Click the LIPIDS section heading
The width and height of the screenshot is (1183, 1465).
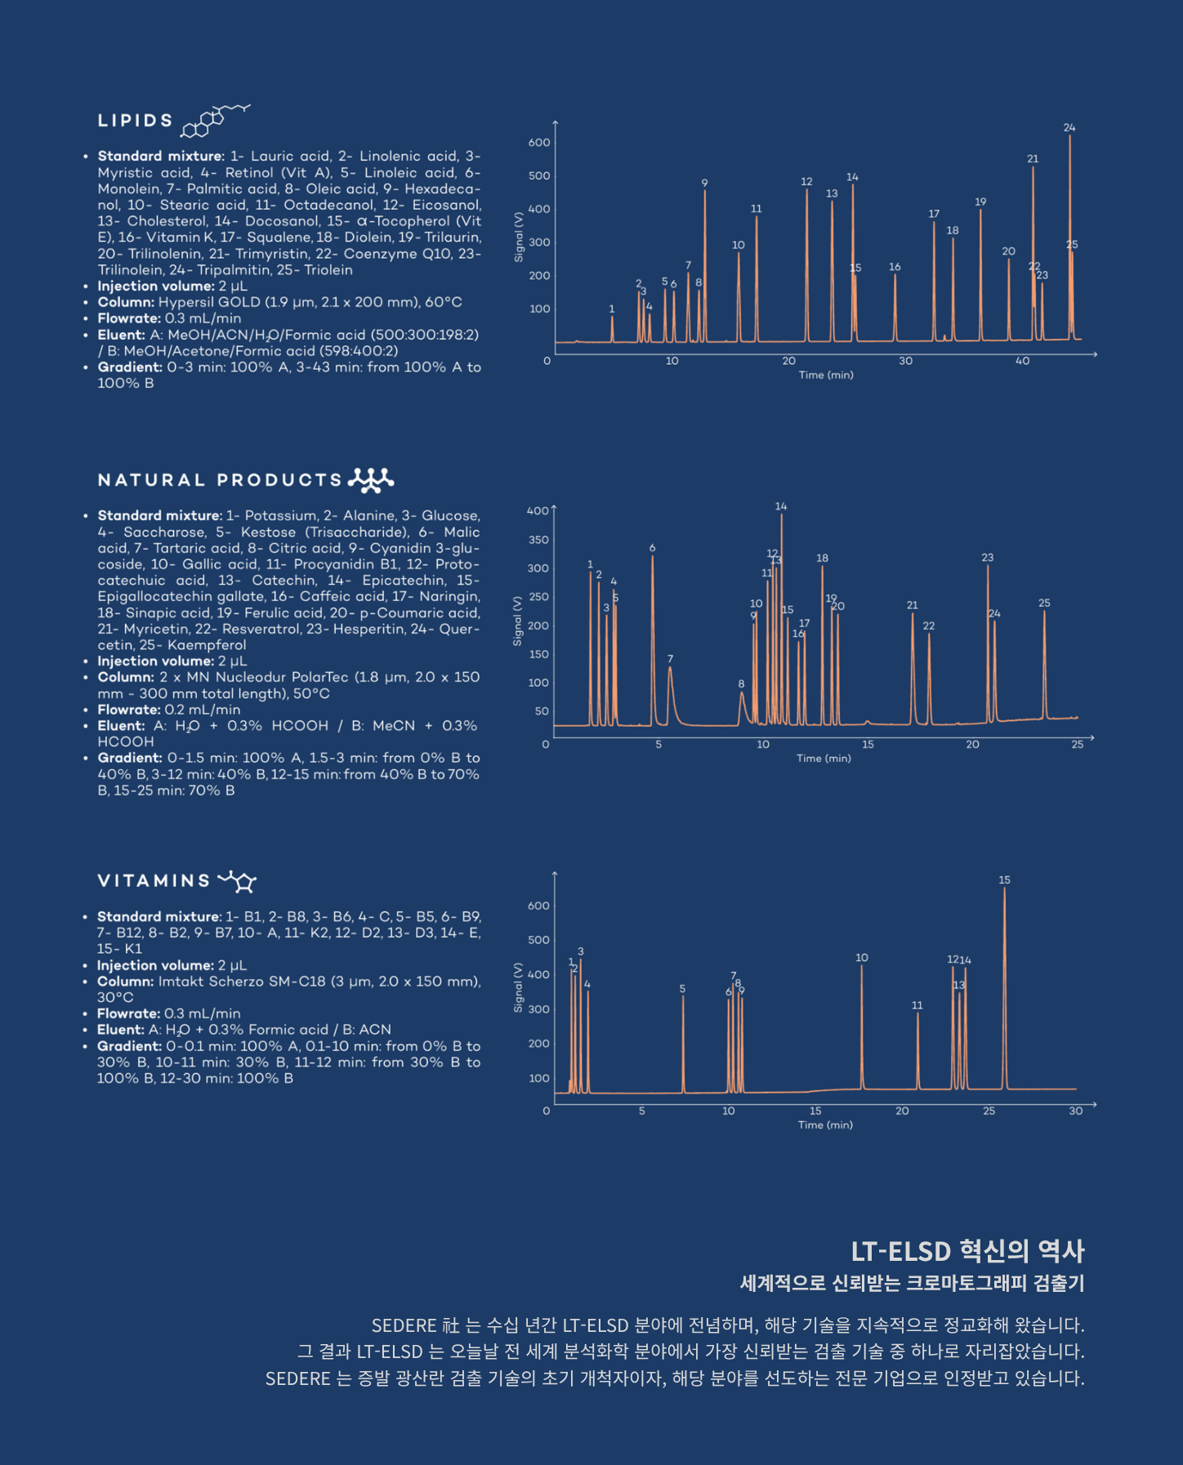click(135, 121)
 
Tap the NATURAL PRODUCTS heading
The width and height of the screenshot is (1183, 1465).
click(220, 480)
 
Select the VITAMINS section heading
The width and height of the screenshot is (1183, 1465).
click(154, 881)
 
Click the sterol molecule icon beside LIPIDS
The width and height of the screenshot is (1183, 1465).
click(215, 120)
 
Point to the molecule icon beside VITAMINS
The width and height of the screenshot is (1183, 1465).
click(238, 880)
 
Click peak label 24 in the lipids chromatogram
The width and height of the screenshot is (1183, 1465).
click(1069, 127)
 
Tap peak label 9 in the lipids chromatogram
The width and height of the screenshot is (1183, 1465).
click(704, 183)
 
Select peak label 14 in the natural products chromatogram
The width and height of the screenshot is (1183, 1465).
click(781, 506)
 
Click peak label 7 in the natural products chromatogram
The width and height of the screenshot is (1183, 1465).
click(670, 659)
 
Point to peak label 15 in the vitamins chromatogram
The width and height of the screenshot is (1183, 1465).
click(1004, 879)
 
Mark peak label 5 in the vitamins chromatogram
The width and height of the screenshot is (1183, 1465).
click(682, 989)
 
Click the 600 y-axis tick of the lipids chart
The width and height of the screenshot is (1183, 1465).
click(539, 142)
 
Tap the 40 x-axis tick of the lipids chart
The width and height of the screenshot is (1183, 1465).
click(1022, 361)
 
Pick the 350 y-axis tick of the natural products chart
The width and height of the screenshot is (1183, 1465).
click(538, 540)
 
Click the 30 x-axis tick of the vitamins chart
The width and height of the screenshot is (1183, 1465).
click(1076, 1111)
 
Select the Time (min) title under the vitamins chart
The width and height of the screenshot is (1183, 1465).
click(825, 1125)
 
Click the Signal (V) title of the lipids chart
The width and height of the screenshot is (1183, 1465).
click(518, 237)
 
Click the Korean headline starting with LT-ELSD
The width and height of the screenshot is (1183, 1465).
click(967, 1251)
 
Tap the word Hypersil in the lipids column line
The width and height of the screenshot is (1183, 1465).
click(185, 302)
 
